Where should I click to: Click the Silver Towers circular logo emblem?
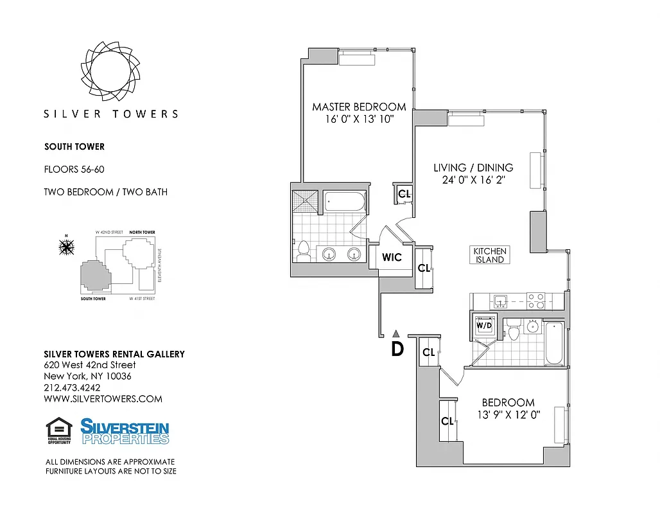tap(110, 71)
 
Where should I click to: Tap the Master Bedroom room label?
tap(359, 107)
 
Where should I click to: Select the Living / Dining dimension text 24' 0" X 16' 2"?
tap(473, 180)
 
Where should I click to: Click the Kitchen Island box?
tap(490, 255)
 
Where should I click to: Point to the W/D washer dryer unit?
tap(485, 324)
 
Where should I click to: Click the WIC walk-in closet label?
tap(392, 258)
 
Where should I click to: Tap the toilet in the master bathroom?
tap(304, 251)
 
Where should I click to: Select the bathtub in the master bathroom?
tap(344, 203)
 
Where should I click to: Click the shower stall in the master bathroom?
tap(305, 202)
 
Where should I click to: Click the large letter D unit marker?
tap(397, 349)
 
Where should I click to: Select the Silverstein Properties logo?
tap(125, 431)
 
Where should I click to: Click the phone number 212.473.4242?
tap(72, 387)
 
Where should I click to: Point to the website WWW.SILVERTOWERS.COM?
tap(103, 398)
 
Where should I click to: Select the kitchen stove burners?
tap(535, 300)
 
